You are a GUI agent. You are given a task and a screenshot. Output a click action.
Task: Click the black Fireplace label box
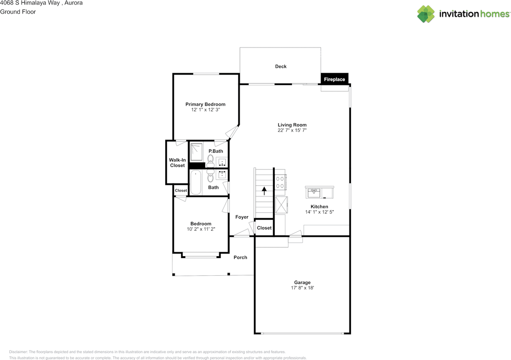coord(335,79)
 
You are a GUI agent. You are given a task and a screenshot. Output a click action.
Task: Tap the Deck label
coord(281,66)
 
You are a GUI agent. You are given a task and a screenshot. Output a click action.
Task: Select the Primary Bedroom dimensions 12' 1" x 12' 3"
coord(205,109)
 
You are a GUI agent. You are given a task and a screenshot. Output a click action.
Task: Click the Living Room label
coord(292,125)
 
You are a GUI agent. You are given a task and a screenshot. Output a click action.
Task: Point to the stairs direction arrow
coord(264,191)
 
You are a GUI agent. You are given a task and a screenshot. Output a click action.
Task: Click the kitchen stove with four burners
coord(280,183)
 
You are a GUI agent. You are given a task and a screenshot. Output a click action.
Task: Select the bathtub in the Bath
coord(195,183)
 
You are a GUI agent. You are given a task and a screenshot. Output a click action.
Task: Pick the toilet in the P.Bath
coord(210,161)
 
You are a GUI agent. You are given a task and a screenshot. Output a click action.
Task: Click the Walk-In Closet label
coord(177,163)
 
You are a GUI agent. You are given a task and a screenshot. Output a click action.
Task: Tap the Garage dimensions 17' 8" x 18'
coord(302,288)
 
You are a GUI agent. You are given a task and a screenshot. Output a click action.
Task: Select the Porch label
coord(240,257)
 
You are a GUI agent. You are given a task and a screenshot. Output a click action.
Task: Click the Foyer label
coord(242,217)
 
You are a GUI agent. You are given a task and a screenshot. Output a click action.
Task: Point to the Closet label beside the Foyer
coord(264,228)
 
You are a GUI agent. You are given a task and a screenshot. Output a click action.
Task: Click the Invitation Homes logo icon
coord(426,14)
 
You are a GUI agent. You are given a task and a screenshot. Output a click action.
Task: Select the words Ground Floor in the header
coord(18,12)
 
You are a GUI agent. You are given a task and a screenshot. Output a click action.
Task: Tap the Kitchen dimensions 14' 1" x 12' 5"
coord(319,212)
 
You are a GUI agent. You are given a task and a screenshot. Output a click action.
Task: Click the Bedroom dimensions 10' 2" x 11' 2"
coord(201,229)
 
